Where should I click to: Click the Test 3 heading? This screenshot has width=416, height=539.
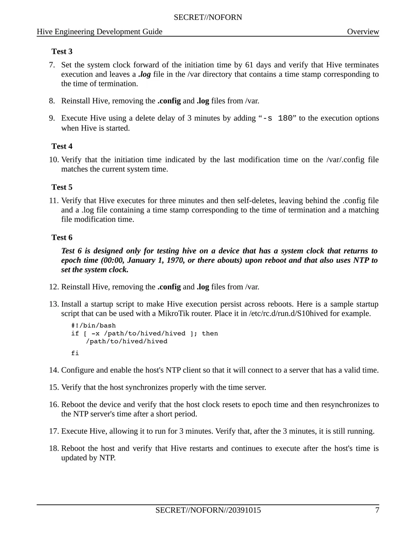[x=62, y=51]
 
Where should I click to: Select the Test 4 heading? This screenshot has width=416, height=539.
[x=62, y=146]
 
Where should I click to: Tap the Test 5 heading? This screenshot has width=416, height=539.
[x=62, y=187]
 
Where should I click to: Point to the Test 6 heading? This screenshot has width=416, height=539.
[x=62, y=237]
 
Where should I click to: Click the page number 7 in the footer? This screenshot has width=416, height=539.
[x=377, y=510]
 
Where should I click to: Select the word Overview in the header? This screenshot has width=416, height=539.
[x=363, y=32]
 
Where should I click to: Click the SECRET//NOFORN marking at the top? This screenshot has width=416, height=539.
[x=208, y=17]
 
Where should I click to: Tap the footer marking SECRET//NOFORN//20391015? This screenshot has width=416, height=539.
[x=208, y=510]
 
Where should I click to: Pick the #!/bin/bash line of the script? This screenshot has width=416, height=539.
[x=93, y=326]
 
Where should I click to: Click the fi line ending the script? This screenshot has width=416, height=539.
[x=75, y=353]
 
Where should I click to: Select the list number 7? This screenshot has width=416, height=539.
[x=52, y=65]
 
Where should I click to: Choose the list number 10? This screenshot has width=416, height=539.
[x=53, y=160]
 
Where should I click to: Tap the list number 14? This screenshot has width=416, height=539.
[x=53, y=370]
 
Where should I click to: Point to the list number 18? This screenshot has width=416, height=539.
[x=53, y=448]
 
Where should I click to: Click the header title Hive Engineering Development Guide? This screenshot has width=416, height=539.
[x=100, y=32]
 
